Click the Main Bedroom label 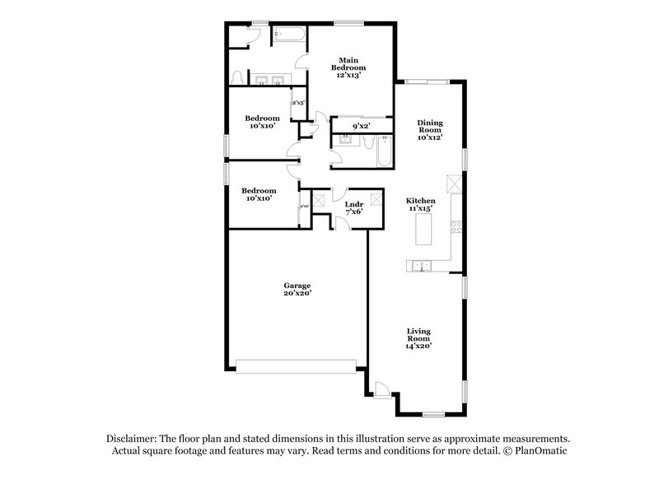(x=348, y=63)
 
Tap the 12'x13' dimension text (x=348, y=75)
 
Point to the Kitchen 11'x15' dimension (x=420, y=209)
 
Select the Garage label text (x=297, y=285)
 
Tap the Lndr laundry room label (x=354, y=203)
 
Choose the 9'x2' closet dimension (x=361, y=126)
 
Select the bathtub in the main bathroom (x=289, y=35)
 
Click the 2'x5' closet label (x=298, y=104)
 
